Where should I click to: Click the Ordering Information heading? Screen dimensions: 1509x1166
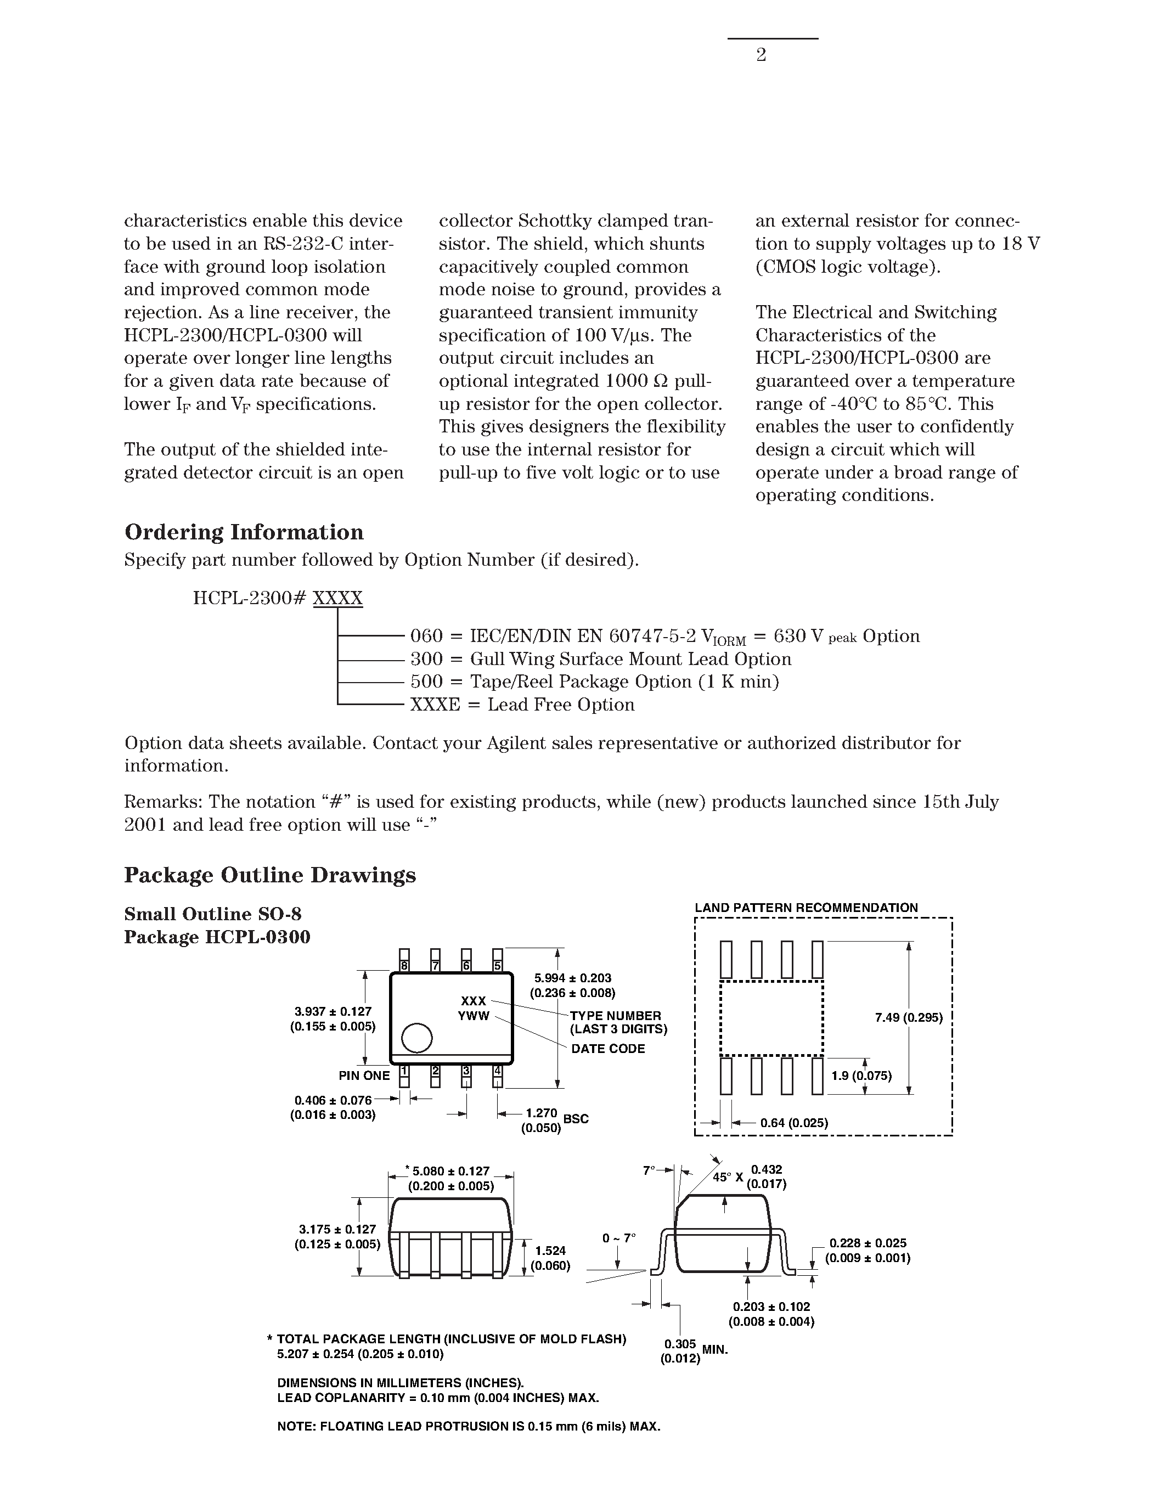(x=244, y=532)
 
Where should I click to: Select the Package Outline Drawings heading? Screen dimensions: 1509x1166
(x=270, y=875)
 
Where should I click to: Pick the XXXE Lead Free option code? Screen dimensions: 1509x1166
(x=435, y=705)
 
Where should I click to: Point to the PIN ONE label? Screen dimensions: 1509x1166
(x=364, y=1076)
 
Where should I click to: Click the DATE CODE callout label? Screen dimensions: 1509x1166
(x=608, y=1049)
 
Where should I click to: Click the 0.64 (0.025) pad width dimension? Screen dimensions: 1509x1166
(x=793, y=1123)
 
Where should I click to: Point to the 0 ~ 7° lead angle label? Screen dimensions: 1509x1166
(x=618, y=1238)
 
